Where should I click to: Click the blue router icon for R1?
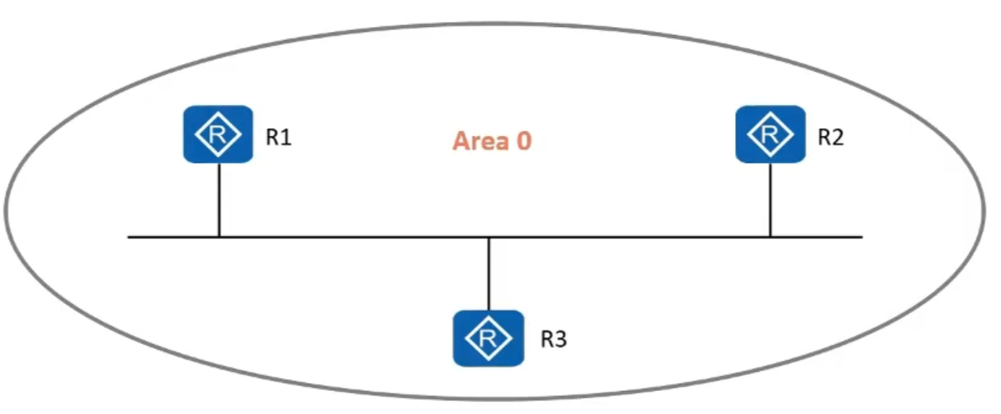(218, 134)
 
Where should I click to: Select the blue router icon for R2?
(770, 134)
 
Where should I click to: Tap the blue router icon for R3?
(488, 338)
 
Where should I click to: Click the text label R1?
(279, 137)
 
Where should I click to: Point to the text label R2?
(831, 137)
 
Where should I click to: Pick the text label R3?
(554, 339)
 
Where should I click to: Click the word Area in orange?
(479, 141)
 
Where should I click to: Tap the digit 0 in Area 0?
(522, 141)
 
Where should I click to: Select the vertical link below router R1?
(218, 199)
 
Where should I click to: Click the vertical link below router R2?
(770, 199)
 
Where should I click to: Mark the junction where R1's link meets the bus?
(218, 236)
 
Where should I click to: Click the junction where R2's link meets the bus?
(770, 236)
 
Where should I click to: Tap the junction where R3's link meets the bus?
(488, 236)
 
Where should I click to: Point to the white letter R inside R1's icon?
(218, 134)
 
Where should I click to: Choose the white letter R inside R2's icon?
(770, 134)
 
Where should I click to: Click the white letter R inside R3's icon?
(488, 338)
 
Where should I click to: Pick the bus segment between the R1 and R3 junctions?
(353, 236)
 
